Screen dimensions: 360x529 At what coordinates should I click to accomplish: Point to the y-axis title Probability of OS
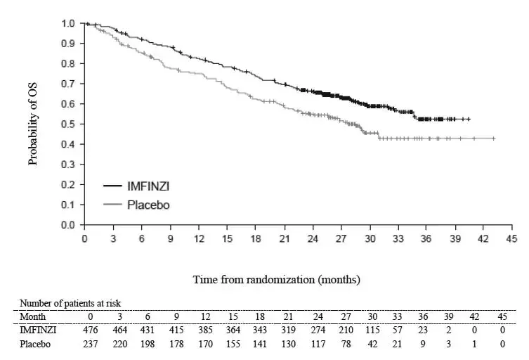[x=32, y=124]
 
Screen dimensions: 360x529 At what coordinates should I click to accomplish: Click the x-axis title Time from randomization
[x=277, y=279]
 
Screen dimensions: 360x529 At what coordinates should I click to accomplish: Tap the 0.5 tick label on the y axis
[x=67, y=124]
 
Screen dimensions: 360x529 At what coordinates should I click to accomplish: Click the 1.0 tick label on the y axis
[x=67, y=23]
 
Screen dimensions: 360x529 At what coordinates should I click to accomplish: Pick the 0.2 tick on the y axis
[x=67, y=185]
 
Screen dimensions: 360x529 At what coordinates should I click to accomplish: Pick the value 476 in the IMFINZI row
[x=90, y=330]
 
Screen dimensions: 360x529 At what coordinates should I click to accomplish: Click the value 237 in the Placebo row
[x=90, y=343]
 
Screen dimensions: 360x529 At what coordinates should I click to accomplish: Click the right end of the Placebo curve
[x=495, y=139]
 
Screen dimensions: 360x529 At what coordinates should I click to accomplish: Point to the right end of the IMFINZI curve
[x=469, y=119]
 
